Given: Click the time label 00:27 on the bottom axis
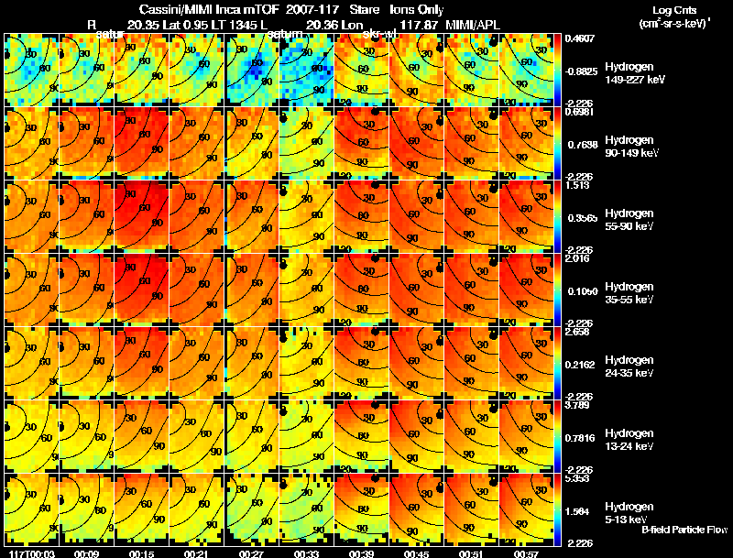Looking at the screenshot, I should point(250,553).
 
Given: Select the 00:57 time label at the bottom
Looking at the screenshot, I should point(527,553).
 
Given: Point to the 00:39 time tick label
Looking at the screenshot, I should point(361,553).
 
